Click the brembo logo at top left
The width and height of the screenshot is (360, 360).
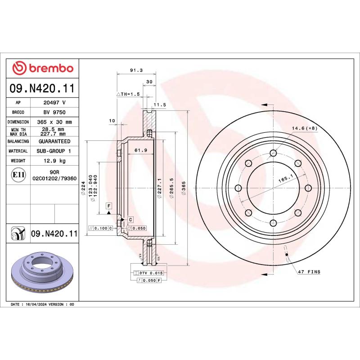click(x=43, y=68)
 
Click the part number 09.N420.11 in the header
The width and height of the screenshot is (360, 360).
click(x=42, y=88)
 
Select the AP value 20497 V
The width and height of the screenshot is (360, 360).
click(x=57, y=103)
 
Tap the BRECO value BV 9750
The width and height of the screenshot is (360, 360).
click(x=57, y=112)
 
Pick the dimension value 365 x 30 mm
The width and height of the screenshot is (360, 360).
click(x=57, y=122)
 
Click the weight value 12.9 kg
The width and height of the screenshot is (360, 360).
click(x=57, y=161)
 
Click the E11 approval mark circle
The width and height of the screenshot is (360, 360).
click(x=18, y=175)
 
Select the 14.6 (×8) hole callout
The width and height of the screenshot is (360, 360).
click(x=304, y=129)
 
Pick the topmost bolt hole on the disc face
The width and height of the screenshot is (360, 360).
click(x=273, y=153)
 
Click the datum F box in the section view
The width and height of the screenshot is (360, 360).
click(x=108, y=206)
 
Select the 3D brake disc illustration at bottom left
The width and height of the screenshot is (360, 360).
click(x=43, y=271)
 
